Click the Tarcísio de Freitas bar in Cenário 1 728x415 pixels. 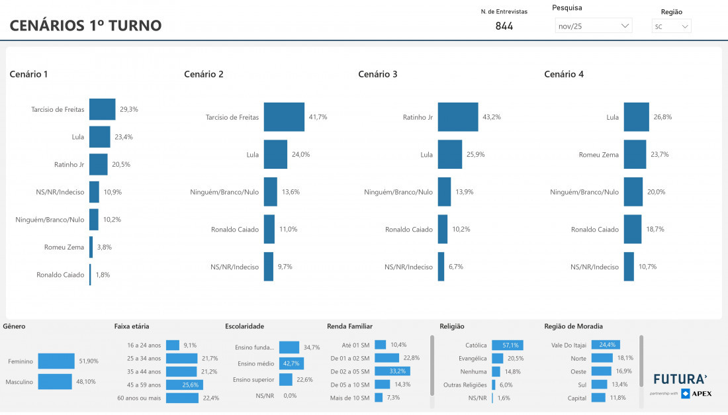pyautogui.click(x=102, y=109)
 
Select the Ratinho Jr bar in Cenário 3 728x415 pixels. pyautogui.click(x=457, y=117)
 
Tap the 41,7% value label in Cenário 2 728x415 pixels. pyautogui.click(x=318, y=117)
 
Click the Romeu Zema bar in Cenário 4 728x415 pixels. pyautogui.click(x=635, y=154)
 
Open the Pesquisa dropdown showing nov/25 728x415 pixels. pyautogui.click(x=593, y=26)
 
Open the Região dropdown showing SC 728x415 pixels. pyautogui.click(x=671, y=26)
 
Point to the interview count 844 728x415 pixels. pyautogui.click(x=504, y=26)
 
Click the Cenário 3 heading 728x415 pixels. pyautogui.click(x=378, y=74)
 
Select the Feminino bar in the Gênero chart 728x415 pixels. pyautogui.click(x=56, y=361)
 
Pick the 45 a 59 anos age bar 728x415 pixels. pyautogui.click(x=184, y=385)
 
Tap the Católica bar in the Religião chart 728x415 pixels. pyautogui.click(x=507, y=346)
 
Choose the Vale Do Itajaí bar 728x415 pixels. pyautogui.click(x=605, y=345)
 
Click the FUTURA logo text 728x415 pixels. pyautogui.click(x=680, y=379)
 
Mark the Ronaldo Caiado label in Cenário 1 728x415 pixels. pyautogui.click(x=60, y=275)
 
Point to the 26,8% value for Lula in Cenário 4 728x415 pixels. pyautogui.click(x=662, y=117)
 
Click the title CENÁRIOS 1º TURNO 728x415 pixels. pyautogui.click(x=85, y=26)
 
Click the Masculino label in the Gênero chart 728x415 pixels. pyautogui.click(x=19, y=382)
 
